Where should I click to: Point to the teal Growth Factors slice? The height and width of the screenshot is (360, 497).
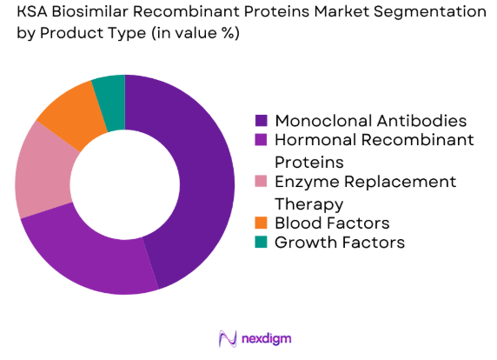point(110,90)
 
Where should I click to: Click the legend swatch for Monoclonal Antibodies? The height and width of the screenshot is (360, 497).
point(262,120)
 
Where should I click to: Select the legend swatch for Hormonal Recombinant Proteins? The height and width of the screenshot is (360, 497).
point(262,140)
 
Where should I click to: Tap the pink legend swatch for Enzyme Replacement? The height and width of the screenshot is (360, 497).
point(262,182)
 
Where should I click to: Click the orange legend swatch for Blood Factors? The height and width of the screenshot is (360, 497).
point(262,223)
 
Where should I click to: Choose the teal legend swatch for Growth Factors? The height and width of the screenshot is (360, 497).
point(262,243)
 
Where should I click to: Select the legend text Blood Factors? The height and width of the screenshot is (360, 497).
point(331,223)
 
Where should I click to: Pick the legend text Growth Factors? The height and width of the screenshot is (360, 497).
point(339,243)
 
